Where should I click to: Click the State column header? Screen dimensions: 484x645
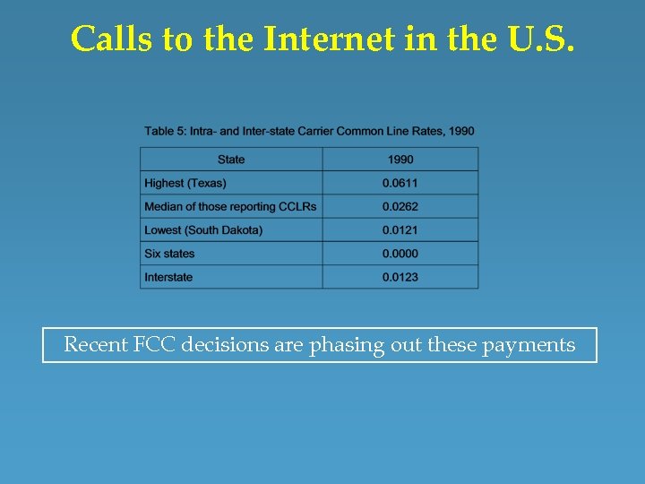click(x=231, y=160)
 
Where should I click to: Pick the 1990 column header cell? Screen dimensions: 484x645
click(x=400, y=160)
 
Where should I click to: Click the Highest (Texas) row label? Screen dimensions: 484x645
click(x=185, y=183)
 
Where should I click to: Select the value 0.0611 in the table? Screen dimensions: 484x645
click(x=400, y=183)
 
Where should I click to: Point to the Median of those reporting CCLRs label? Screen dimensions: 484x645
click(x=230, y=206)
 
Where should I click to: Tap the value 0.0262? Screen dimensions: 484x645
click(x=400, y=206)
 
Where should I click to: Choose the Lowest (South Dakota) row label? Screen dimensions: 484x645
click(x=203, y=230)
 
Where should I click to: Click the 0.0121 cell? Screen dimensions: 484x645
click(x=400, y=230)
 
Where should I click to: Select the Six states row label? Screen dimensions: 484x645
click(x=169, y=254)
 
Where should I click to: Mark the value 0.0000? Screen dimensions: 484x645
click(x=400, y=254)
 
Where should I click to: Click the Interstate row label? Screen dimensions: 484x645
click(x=168, y=277)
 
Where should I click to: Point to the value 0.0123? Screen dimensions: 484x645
click(x=400, y=277)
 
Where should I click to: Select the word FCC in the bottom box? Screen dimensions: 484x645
click(x=155, y=345)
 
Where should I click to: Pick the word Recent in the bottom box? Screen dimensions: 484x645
click(x=96, y=345)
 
